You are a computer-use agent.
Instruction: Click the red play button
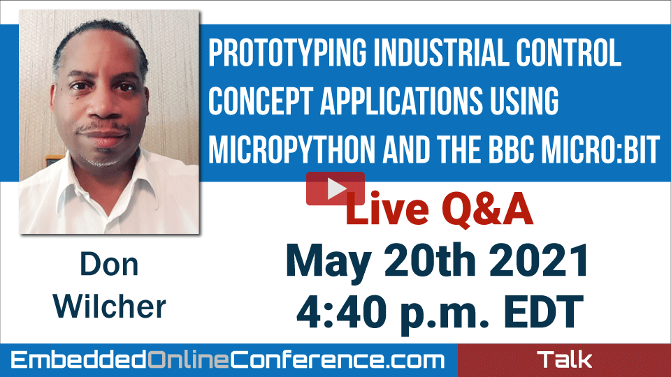(335, 188)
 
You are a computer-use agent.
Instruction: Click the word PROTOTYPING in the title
(287, 54)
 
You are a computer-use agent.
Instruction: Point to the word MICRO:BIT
(600, 149)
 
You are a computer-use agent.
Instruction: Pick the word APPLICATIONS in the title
(401, 101)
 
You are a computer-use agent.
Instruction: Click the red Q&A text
(487, 209)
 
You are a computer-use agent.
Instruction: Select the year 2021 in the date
(539, 260)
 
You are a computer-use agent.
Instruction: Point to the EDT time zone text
(543, 311)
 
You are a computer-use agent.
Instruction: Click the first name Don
(109, 264)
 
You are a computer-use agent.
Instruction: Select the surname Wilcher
(109, 306)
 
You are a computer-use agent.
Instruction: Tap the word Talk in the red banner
(565, 360)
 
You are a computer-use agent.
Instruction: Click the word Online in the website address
(188, 360)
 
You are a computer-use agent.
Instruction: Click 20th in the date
(430, 260)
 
